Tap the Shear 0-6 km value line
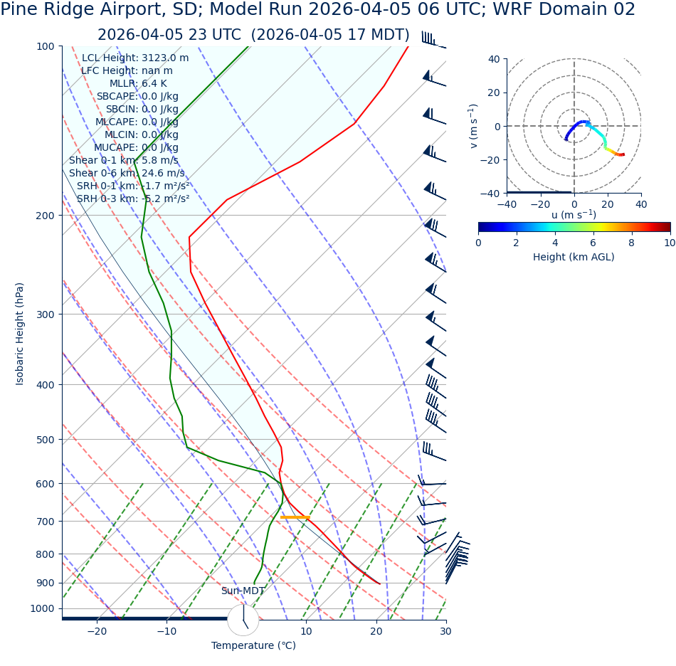[x=126, y=173]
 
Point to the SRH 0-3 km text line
[x=133, y=199]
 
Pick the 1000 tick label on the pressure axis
[x=42, y=608]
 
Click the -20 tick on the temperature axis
[x=97, y=631]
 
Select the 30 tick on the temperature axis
[x=445, y=631]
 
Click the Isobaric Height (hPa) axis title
[x=20, y=334]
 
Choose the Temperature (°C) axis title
[x=253, y=645]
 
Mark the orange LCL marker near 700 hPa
[x=295, y=517]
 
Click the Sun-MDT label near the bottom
[x=243, y=591]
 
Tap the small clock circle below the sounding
[x=243, y=620]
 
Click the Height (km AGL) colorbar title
[x=574, y=257]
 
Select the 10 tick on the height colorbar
[x=670, y=243]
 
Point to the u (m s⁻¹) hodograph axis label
[x=574, y=215]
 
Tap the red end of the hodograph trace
[x=623, y=154]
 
